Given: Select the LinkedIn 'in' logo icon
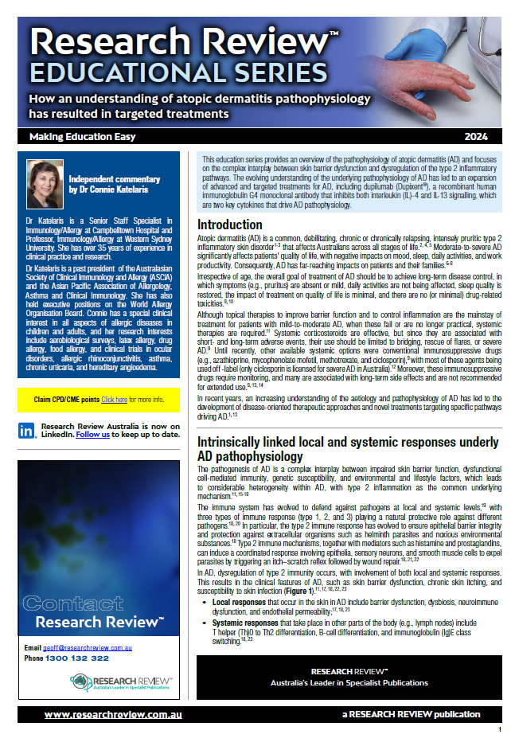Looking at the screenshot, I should (26, 430).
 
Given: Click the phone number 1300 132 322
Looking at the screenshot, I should (78, 659).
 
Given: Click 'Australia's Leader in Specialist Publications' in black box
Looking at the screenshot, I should (349, 682).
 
